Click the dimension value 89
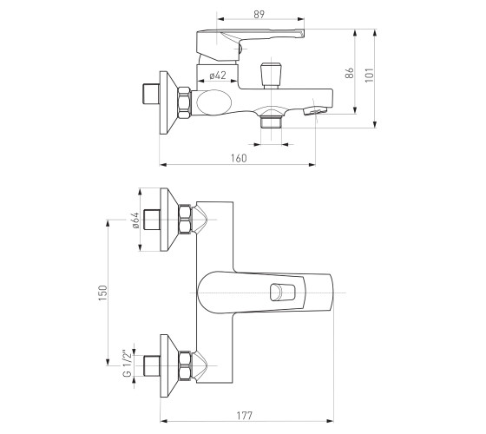259,14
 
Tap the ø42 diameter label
218,75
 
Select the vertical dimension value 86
349,73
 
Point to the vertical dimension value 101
369,75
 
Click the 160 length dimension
239,158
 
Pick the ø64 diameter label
135,220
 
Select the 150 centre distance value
103,293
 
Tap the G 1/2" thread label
127,364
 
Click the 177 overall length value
245,416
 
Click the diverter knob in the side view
271,76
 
